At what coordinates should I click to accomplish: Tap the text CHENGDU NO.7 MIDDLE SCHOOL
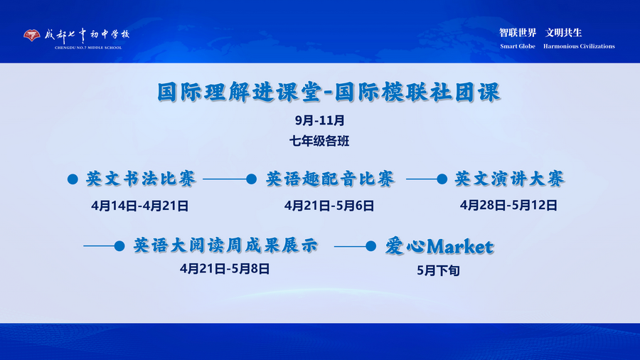point(88,48)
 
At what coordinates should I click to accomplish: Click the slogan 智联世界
point(517,33)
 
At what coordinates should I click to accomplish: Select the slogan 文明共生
point(563,33)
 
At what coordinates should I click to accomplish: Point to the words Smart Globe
point(517,46)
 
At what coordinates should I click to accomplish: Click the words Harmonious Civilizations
point(579,46)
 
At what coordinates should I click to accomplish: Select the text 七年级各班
point(319,141)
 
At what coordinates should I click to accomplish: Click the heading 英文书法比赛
point(141,179)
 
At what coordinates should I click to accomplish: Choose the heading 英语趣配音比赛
point(330,179)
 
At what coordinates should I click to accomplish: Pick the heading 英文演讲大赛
point(509,179)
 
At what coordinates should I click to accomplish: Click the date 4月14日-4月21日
point(139,206)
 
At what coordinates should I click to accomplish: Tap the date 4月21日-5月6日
point(329,206)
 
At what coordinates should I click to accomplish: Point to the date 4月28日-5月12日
point(508,206)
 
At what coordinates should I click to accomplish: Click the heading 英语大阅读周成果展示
point(225,246)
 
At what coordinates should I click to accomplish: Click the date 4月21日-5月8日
point(225,269)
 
